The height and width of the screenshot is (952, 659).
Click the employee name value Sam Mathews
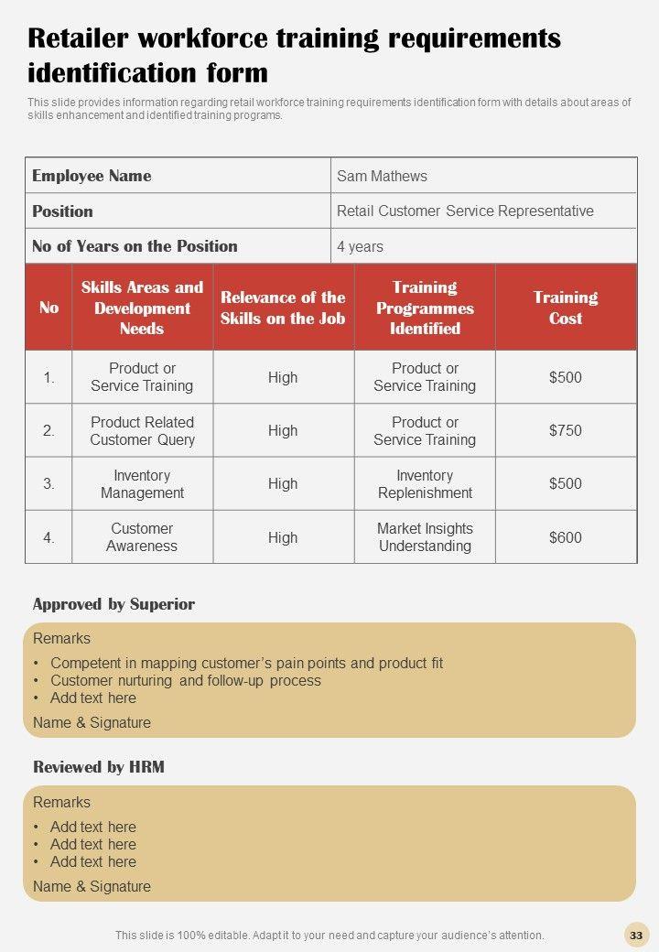point(382,176)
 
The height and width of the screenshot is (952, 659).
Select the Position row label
point(62,211)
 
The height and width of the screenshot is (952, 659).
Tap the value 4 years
point(360,246)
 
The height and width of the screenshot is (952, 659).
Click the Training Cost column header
point(566,308)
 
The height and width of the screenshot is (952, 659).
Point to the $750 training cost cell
point(566,430)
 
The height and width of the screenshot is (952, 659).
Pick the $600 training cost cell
point(566,537)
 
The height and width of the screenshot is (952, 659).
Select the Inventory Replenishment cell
point(425,484)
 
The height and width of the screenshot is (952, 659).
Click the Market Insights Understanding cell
point(425,537)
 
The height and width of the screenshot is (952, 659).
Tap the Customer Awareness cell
point(142,537)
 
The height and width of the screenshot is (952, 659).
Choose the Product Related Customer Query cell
point(142,430)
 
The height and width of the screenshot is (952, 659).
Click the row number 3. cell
point(49,484)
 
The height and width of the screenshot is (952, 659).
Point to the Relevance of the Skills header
point(283,308)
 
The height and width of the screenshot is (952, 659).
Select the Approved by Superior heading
point(113,604)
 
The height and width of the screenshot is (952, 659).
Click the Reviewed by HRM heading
point(99,767)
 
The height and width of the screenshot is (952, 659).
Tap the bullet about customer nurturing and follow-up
point(186,680)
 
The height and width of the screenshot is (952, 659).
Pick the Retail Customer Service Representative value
point(465,211)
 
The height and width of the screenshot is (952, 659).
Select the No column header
point(49,308)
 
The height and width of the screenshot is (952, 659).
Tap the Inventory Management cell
point(142,484)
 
